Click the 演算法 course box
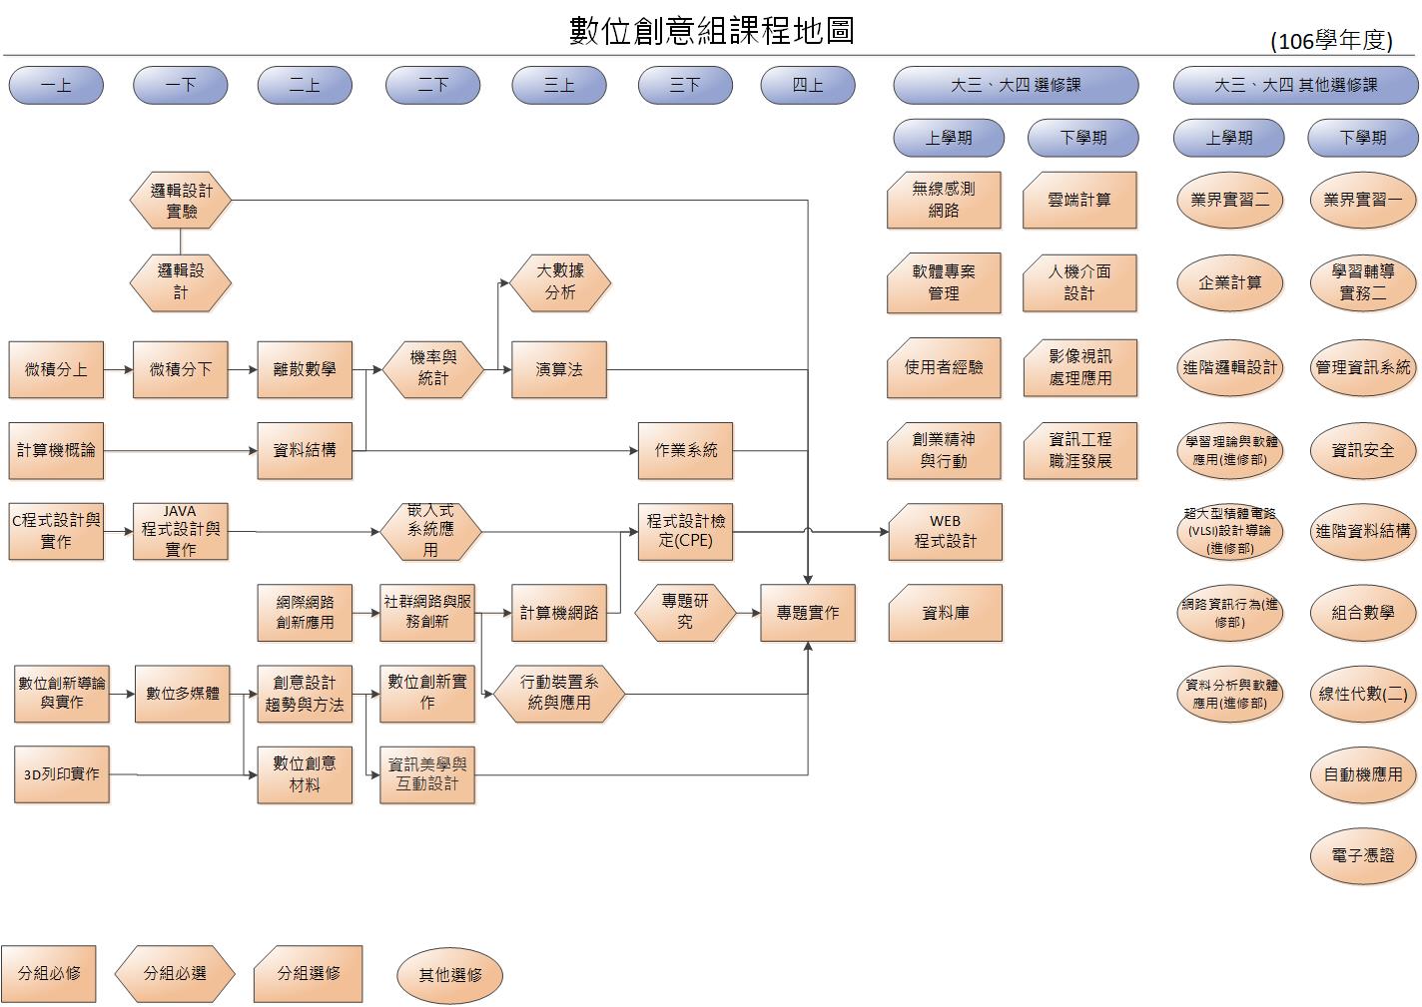[x=558, y=369]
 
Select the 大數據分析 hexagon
[x=559, y=282]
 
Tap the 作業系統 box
[x=685, y=450]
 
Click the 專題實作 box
[x=808, y=612]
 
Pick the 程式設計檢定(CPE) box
[x=685, y=531]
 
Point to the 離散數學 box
[x=305, y=369]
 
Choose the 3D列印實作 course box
[x=62, y=773]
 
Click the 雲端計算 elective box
[x=1079, y=200]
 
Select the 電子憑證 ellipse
[x=1363, y=855]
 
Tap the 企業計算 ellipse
[x=1230, y=282]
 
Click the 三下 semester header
[x=685, y=86]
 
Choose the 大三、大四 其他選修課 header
[x=1295, y=86]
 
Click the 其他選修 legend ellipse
[x=449, y=975]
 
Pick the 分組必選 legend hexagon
[x=175, y=973]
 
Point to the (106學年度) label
[x=1331, y=41]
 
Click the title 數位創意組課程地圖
[x=712, y=31]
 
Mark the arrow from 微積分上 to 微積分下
[x=118, y=369]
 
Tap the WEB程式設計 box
[x=945, y=531]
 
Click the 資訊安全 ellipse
[x=1363, y=450]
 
